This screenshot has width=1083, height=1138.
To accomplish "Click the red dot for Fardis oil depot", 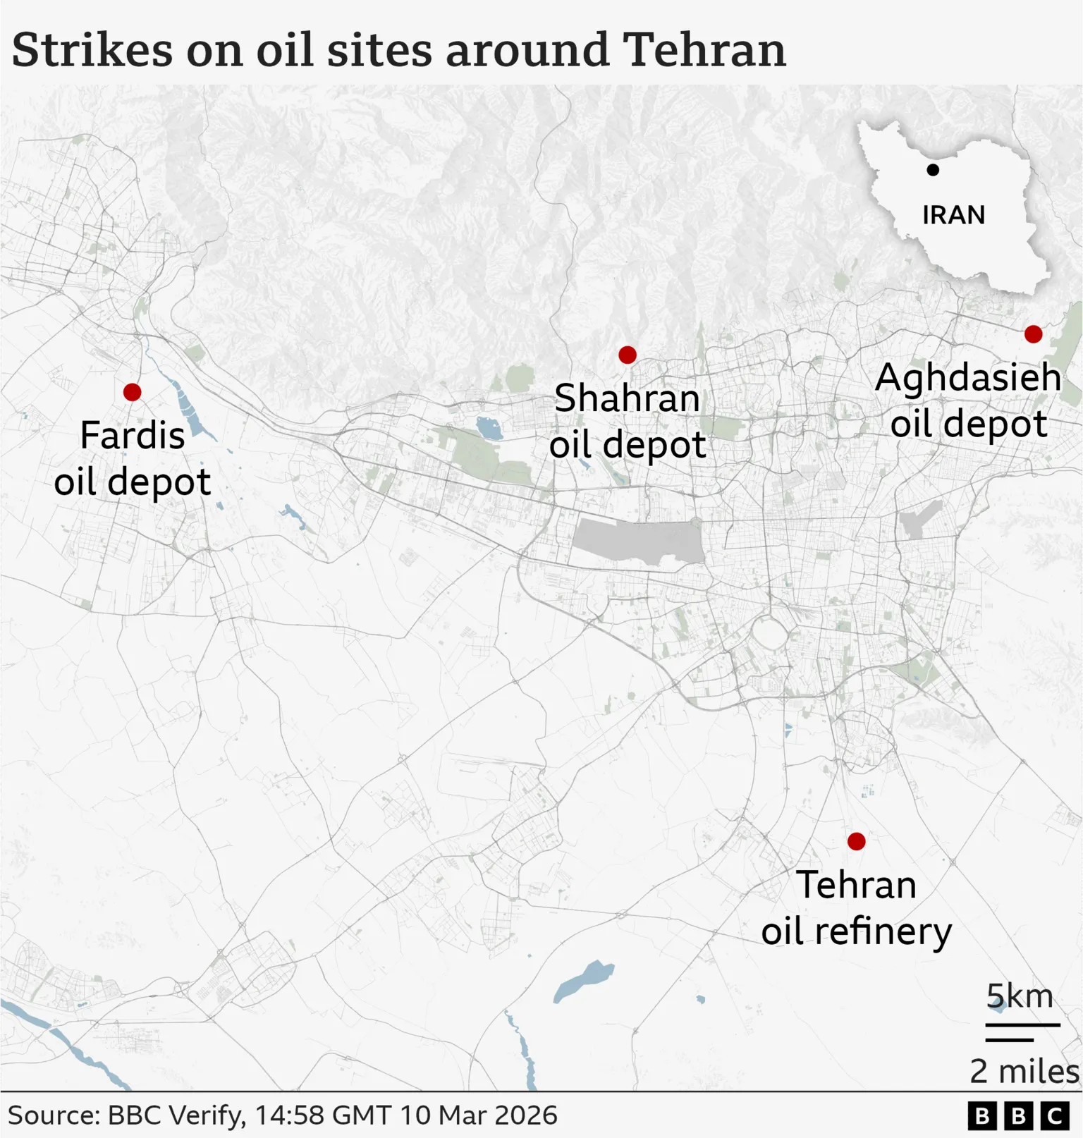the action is click(x=132, y=392).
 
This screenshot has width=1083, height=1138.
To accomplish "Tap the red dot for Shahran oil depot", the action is click(x=627, y=355).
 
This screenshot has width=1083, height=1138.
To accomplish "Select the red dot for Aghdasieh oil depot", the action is click(x=1033, y=334).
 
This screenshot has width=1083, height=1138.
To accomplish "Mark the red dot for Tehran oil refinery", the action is click(x=856, y=841).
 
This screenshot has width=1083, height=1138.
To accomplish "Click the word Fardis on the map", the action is click(x=133, y=435).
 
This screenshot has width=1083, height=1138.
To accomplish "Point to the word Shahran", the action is click(x=627, y=399).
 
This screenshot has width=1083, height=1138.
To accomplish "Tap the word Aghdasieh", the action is click(x=968, y=378).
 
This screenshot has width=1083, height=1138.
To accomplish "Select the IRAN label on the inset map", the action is click(x=953, y=215).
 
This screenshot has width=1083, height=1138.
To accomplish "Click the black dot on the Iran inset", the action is click(x=933, y=170).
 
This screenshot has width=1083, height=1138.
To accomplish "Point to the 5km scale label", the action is click(x=1020, y=997).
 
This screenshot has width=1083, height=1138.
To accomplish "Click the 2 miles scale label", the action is click(x=1024, y=1072).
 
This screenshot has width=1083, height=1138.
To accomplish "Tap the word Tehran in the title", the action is click(x=704, y=50).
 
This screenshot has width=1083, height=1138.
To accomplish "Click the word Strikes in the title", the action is click(x=92, y=50).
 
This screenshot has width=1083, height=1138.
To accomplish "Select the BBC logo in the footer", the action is click(x=1018, y=1116).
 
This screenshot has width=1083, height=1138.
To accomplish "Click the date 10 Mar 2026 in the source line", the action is click(x=478, y=1115).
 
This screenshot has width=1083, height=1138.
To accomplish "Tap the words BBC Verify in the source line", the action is click(x=176, y=1115).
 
